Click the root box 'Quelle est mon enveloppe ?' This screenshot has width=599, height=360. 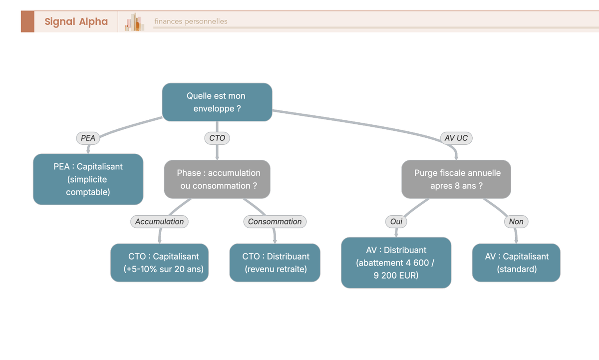point(217,102)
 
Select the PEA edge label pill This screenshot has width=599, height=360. point(88,138)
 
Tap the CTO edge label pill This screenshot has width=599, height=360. point(217,138)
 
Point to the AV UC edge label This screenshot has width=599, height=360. point(456,138)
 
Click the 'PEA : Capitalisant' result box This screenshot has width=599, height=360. point(88,179)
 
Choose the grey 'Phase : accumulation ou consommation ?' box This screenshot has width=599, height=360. point(217,179)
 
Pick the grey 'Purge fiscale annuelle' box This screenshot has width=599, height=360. point(456,179)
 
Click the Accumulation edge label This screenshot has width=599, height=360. point(159,222)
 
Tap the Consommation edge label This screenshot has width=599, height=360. point(275,222)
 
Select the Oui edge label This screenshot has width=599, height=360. point(396,222)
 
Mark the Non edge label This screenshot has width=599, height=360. point(516,222)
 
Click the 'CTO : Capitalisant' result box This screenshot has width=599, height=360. point(159,263)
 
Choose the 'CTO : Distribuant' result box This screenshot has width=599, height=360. point(275,263)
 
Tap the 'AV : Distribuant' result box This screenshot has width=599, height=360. point(396,263)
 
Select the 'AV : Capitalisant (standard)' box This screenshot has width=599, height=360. point(516,263)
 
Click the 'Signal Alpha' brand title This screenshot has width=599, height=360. point(76,21)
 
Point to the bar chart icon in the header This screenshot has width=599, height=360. point(134,22)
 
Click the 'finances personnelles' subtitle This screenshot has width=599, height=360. point(191,21)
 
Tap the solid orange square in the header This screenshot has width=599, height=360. point(27,21)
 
